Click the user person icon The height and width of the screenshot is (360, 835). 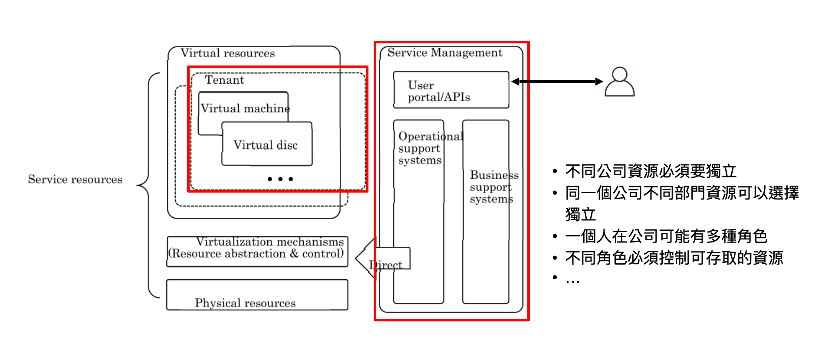(619, 82)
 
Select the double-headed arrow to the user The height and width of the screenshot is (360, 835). (557, 82)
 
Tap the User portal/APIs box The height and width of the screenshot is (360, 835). (451, 90)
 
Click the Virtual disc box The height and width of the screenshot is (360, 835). (266, 144)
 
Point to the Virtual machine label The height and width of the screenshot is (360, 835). (245, 108)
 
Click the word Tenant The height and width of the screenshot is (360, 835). (224, 80)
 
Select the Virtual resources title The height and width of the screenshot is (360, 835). (227, 53)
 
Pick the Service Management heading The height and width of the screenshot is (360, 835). (444, 53)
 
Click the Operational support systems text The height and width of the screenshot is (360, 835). (420, 148)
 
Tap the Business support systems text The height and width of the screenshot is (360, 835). (492, 187)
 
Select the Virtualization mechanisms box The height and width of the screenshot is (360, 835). (257, 251)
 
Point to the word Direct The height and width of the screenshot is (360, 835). (386, 265)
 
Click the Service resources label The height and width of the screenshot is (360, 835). (75, 180)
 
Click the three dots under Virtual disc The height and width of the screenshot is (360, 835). (280, 179)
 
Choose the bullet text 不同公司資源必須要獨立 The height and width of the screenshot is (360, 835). (651, 171)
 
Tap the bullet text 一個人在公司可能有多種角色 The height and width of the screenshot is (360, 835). (666, 236)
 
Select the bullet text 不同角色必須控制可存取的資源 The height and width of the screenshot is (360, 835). (674, 258)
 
